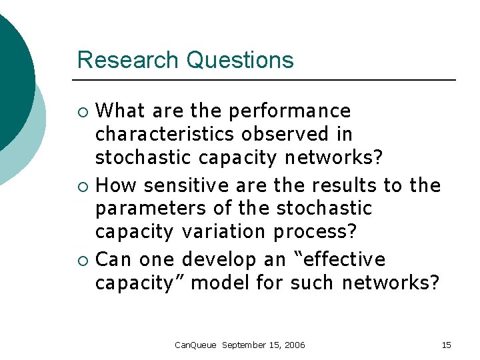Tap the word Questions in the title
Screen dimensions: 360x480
point(240,60)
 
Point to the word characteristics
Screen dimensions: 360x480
point(165,134)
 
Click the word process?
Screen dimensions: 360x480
point(315,233)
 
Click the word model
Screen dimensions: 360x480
point(220,283)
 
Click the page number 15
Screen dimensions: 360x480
point(446,345)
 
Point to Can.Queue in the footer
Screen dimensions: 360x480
point(195,345)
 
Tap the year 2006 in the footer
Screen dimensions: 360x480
point(294,345)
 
